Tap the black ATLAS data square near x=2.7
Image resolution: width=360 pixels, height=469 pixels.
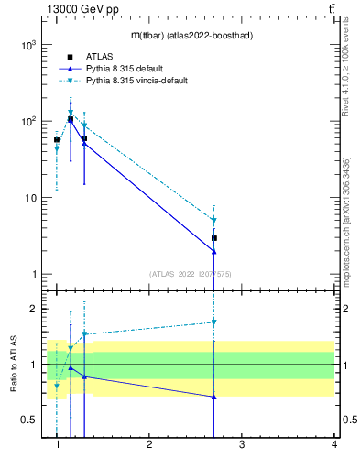pos(213,238)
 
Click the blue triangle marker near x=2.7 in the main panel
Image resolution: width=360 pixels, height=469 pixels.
pos(213,252)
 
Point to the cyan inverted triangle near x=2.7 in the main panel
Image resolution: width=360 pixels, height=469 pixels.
pos(213,221)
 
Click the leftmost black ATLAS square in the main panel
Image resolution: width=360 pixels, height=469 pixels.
pos(57,140)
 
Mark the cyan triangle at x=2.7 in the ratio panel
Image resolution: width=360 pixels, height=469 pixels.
pos(213,322)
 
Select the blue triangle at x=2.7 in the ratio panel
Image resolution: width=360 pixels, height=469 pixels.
pos(213,397)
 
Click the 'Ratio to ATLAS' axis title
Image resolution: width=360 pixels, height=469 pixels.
pos(14,365)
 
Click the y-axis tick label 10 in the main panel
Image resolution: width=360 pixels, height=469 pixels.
pos(30,198)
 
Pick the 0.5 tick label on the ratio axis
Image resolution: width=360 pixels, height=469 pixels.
pos(28,420)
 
